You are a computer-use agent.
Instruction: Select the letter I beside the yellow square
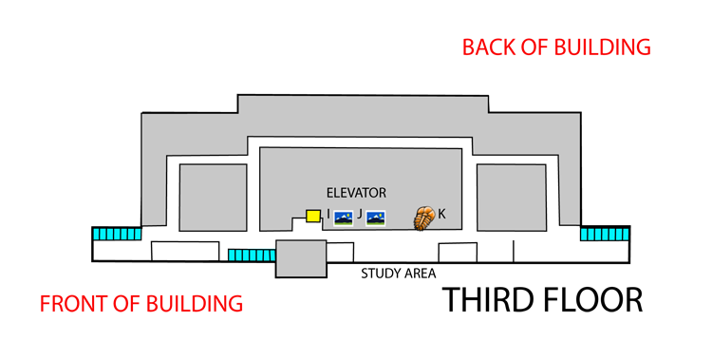[x=328, y=215]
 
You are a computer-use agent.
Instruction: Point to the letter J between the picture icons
[x=360, y=215]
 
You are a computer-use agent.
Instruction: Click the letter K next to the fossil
[x=442, y=215]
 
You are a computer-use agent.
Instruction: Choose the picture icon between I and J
[x=344, y=218]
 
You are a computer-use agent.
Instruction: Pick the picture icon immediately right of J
[x=376, y=218]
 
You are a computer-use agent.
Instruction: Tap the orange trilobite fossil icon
[x=423, y=218]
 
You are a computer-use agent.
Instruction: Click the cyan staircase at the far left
[x=117, y=234]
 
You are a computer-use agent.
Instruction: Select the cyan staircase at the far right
[x=604, y=234]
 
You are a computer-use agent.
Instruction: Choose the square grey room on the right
[x=512, y=198]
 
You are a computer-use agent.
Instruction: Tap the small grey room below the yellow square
[x=302, y=258]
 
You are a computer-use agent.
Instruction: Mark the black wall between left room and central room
[x=253, y=190]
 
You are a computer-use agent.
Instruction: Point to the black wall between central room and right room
[x=469, y=190]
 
